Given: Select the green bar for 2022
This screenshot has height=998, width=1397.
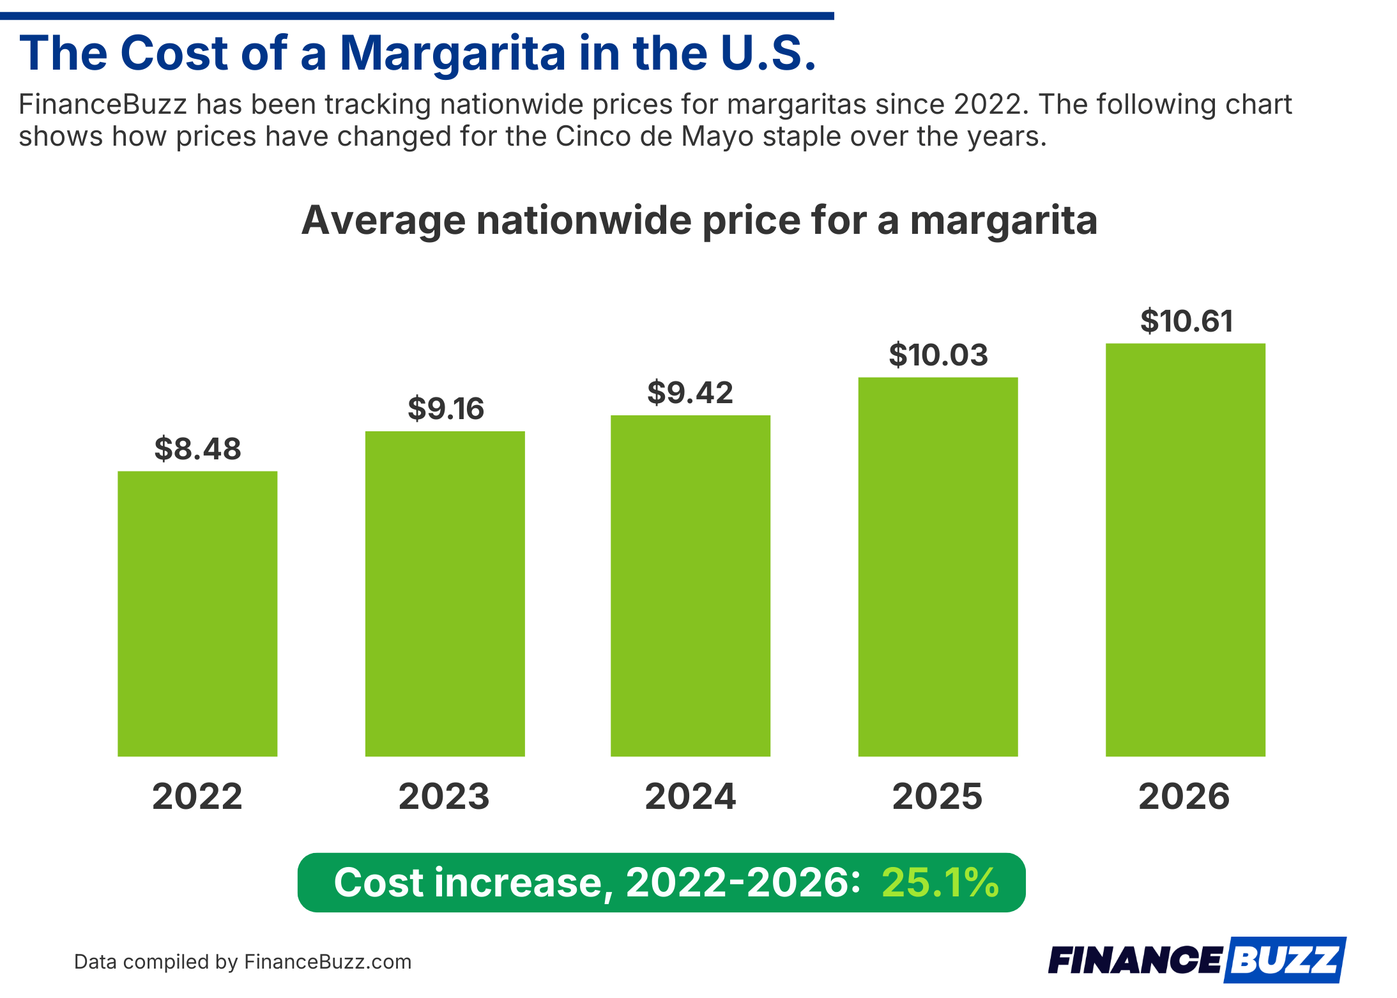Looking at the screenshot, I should (x=197, y=613).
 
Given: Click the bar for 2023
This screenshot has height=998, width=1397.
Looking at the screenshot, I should (x=445, y=594).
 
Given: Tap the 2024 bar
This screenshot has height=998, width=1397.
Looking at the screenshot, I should (x=690, y=585).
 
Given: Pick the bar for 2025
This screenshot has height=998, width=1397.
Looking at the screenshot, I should (x=937, y=567).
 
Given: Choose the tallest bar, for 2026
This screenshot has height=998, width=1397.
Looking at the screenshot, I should (x=1185, y=549).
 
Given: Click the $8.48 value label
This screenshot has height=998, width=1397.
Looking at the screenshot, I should (x=197, y=449).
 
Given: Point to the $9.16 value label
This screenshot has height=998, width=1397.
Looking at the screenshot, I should (x=446, y=408).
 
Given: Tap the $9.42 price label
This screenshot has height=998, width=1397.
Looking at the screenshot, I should (x=690, y=392).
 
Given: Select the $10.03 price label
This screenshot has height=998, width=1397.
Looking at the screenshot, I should (x=938, y=355).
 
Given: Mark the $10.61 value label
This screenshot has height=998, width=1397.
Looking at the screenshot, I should (x=1186, y=321).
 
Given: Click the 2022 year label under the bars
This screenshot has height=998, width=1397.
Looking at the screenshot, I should (x=197, y=796).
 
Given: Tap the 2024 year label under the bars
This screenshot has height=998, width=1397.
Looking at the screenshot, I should (x=690, y=796).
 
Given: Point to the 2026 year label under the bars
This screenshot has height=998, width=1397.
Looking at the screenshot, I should (x=1184, y=796).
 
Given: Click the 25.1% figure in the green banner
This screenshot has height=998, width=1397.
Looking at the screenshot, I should (x=940, y=882).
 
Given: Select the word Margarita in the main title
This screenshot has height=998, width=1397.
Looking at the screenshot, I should (x=453, y=54).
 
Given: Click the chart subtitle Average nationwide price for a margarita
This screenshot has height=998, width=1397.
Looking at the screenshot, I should (x=699, y=220).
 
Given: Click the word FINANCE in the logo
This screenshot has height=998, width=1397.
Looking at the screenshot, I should (x=1134, y=960).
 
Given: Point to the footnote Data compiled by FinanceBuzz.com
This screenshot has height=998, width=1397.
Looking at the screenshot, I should (x=243, y=962).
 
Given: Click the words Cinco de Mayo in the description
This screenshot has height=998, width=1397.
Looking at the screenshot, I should (x=655, y=137).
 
